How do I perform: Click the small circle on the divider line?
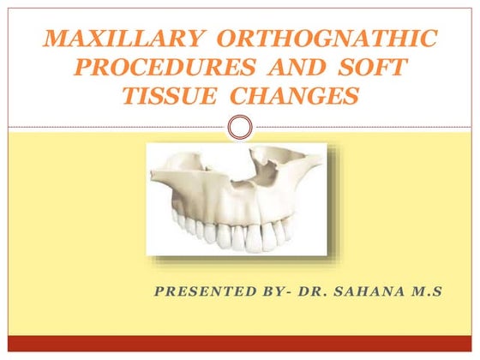click(x=241, y=129)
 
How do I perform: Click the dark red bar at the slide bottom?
click(x=240, y=346)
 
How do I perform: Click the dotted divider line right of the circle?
click(x=360, y=129)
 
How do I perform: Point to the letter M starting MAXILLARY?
click(x=53, y=39)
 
